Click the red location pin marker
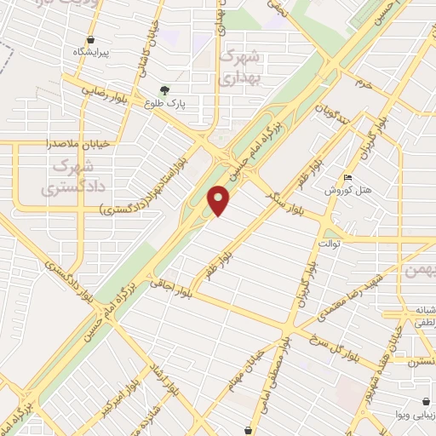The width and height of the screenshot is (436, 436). click(x=220, y=200)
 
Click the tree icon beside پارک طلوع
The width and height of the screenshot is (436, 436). click(x=164, y=89)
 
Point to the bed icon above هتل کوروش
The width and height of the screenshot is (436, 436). click(x=347, y=178)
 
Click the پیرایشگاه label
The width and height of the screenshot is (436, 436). click(x=91, y=52)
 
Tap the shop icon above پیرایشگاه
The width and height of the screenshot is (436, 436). click(x=90, y=39)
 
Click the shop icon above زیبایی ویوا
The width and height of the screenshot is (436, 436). click(x=425, y=401)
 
